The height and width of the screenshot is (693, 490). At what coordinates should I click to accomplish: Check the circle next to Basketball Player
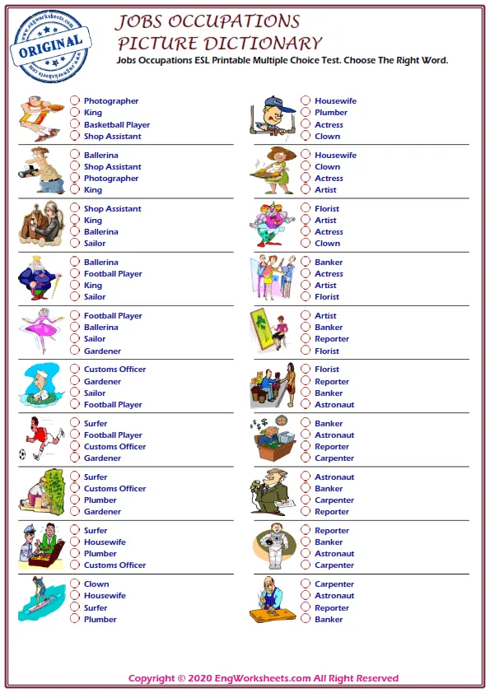[x=75, y=125]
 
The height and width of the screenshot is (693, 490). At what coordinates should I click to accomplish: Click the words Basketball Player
[x=116, y=125]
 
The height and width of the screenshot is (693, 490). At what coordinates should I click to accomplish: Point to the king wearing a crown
[x=39, y=278]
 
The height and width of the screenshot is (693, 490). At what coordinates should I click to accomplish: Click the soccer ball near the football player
[x=22, y=453]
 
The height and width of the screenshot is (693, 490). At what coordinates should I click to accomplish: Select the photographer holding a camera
[x=39, y=171]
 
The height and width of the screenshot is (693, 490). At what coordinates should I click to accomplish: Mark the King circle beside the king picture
[x=75, y=286]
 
